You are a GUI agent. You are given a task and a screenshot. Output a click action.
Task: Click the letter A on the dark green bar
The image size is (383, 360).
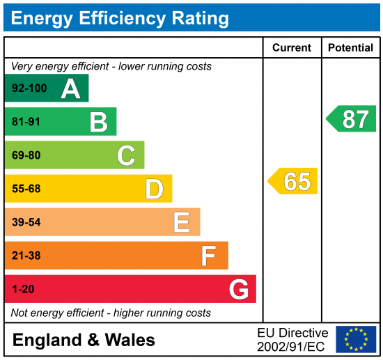click(x=70, y=88)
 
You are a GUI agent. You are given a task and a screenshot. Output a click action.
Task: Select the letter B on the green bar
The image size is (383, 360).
click(x=98, y=122)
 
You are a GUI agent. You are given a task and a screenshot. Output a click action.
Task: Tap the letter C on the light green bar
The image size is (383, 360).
click(x=126, y=155)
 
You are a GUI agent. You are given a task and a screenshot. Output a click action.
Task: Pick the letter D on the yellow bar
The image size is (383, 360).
click(x=154, y=189)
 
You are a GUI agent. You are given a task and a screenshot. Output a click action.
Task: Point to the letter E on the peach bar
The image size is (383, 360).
click(x=182, y=222)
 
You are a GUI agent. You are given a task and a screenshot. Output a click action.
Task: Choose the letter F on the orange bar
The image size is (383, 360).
click(x=208, y=256)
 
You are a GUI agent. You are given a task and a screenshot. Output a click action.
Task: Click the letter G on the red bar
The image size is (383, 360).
click(x=238, y=289)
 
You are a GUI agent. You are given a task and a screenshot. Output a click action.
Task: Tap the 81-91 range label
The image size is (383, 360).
click(x=26, y=122)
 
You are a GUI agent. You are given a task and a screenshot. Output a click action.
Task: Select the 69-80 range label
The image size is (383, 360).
click(x=26, y=155)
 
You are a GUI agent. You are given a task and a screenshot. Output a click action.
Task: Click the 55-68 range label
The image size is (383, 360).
click(x=26, y=189)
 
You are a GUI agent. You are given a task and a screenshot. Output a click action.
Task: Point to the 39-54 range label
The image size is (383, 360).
click(x=26, y=222)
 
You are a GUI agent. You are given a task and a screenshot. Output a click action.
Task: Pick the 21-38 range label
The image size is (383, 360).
click(x=26, y=256)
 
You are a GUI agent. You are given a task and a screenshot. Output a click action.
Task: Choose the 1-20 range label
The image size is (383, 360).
click(x=23, y=289)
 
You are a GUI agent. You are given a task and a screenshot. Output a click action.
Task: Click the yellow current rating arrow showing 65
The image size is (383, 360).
click(x=293, y=181)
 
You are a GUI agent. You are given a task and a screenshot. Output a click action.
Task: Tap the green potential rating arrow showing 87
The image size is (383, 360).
click(x=352, y=119)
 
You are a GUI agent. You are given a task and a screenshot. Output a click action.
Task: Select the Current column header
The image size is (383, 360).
click(x=292, y=48)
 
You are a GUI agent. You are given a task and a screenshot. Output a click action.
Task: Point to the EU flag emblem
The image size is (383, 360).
click(x=355, y=339)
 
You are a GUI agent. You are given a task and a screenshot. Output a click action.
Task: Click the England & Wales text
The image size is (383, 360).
click(x=84, y=340)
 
